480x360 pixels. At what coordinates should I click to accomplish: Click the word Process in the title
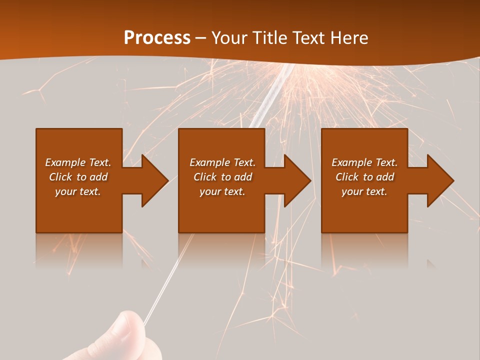pos(157,38)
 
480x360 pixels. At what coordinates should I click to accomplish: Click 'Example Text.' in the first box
pos(78,162)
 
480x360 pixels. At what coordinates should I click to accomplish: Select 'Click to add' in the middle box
pos(222,177)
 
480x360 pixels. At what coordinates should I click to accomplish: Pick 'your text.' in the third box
pos(364,191)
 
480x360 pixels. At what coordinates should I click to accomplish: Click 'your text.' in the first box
pos(78,191)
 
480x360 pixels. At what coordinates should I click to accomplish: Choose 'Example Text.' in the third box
pos(364,162)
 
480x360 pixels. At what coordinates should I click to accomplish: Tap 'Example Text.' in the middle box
pos(222,162)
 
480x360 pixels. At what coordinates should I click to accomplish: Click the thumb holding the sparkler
pos(125,330)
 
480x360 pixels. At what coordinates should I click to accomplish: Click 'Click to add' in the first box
pos(78,177)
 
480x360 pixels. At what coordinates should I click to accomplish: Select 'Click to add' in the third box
pos(364,177)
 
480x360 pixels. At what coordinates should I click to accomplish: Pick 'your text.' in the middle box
pos(222,191)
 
